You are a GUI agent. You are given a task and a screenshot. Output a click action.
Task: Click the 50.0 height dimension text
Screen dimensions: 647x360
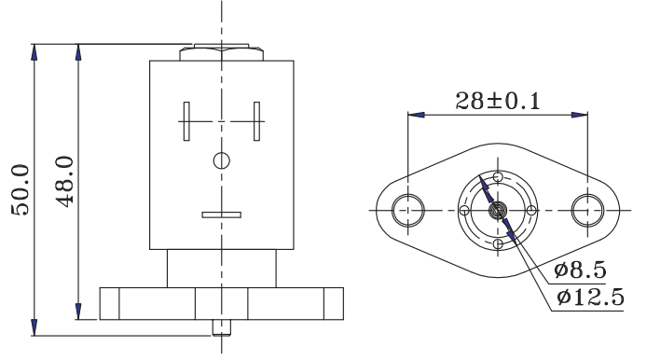pyautogui.click(x=21, y=190)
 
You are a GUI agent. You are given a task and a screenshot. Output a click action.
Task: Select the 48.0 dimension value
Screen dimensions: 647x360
pyautogui.click(x=64, y=181)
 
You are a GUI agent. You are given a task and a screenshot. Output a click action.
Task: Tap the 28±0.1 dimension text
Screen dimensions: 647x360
pyautogui.click(x=498, y=101)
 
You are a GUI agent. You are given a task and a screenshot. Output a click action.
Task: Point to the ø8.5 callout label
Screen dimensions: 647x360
pyautogui.click(x=580, y=270)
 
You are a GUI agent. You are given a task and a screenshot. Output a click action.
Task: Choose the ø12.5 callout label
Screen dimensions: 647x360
pyautogui.click(x=590, y=297)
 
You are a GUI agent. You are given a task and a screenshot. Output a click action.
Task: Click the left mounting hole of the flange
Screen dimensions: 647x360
pyautogui.click(x=407, y=210)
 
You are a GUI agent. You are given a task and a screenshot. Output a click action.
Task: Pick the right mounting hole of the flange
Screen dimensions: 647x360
pyautogui.click(x=587, y=210)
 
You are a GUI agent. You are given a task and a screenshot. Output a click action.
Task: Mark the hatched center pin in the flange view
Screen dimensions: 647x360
pyautogui.click(x=498, y=211)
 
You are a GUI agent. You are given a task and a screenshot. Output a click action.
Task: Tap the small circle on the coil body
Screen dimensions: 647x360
pyautogui.click(x=222, y=160)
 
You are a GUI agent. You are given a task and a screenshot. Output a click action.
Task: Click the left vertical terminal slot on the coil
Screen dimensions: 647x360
pyautogui.click(x=186, y=121)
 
